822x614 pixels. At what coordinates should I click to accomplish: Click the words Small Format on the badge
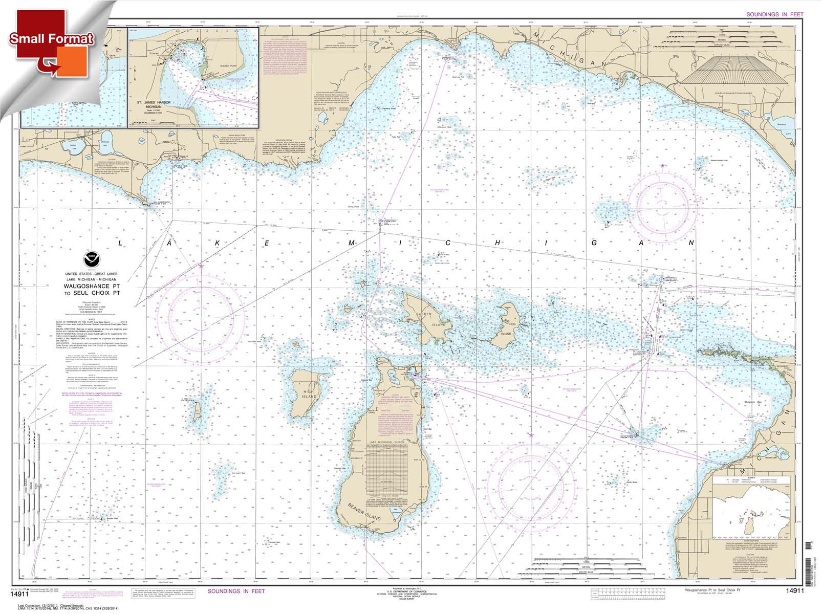[51, 38]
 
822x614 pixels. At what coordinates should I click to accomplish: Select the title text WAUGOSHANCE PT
[92, 286]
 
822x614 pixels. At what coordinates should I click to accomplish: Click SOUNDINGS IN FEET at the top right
[775, 14]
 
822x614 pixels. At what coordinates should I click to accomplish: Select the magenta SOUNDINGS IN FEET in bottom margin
[236, 591]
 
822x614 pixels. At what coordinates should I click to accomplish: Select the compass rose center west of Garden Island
[201, 313]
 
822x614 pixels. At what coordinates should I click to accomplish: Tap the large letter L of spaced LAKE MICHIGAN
[121, 244]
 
